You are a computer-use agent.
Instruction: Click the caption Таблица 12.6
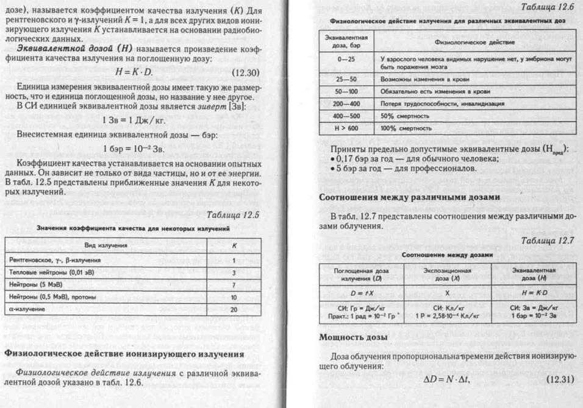551,7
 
